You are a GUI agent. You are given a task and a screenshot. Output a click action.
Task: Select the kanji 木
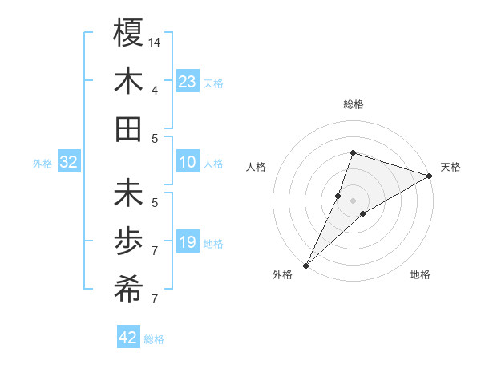pyautogui.click(x=128, y=82)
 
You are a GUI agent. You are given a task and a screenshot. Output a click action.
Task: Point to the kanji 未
pyautogui.click(x=128, y=194)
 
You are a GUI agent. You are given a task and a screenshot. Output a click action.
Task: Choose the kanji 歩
pyautogui.click(x=128, y=241)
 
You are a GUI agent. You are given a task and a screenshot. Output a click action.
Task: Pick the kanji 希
pyautogui.click(x=128, y=290)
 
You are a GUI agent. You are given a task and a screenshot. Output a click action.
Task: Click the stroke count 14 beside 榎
pyautogui.click(x=156, y=42)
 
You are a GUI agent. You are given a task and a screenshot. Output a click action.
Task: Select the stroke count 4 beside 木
pyautogui.click(x=155, y=90)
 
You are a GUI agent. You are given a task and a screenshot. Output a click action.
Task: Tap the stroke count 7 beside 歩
pyautogui.click(x=155, y=250)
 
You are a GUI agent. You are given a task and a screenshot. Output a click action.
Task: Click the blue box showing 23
pyautogui.click(x=188, y=82)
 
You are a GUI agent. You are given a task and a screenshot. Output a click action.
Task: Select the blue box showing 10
pyautogui.click(x=188, y=163)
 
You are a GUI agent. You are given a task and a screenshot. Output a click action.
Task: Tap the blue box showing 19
pyautogui.click(x=188, y=242)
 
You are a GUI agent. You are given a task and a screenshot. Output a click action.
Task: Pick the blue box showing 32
pyautogui.click(x=69, y=163)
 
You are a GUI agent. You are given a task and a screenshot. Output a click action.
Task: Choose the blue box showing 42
pyautogui.click(x=128, y=338)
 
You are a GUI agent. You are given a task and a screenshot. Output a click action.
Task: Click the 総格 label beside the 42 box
pyautogui.click(x=154, y=339)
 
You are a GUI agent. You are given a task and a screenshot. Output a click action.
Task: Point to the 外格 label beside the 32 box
pyautogui.click(x=42, y=164)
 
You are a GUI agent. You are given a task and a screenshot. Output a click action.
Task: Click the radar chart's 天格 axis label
pyautogui.click(x=451, y=167)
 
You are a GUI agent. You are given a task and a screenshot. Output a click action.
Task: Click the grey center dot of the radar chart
pyautogui.click(x=353, y=201)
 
